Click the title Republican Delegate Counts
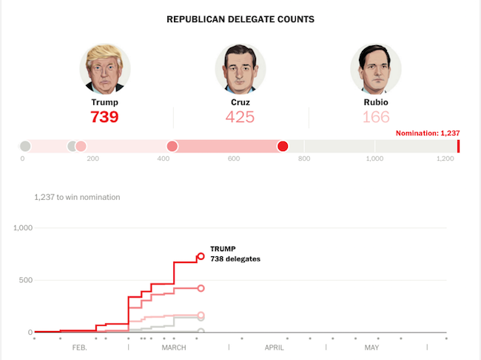coord(240,19)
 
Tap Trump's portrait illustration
coord(104,68)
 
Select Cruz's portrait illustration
coord(240,68)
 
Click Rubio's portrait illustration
coord(376,68)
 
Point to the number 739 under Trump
coord(104,117)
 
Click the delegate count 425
coord(240,117)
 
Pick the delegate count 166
coord(376,117)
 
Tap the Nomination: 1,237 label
coord(428,133)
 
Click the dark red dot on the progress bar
coord(283,146)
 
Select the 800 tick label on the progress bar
coord(303,159)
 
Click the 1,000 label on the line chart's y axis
coord(22,227)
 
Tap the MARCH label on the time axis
coord(174,347)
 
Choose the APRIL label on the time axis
coord(275,347)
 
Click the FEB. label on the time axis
coord(79,347)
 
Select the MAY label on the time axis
coord(371,347)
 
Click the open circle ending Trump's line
coord(201,257)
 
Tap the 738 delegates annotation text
coord(235,259)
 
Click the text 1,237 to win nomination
coord(77,197)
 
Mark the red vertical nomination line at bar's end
coord(459,146)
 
